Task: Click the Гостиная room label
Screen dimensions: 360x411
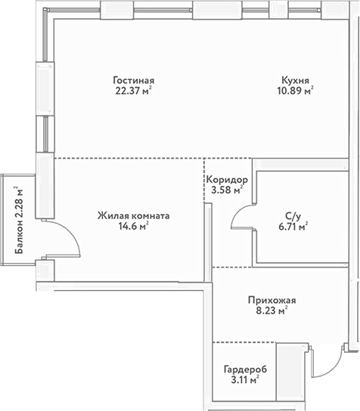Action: tap(134, 80)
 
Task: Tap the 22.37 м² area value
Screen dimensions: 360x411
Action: tap(134, 91)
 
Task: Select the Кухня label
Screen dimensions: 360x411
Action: tap(295, 80)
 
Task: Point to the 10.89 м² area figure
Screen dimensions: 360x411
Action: tap(295, 91)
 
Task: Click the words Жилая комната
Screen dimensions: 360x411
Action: tap(134, 216)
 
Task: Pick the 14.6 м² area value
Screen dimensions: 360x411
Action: tap(134, 226)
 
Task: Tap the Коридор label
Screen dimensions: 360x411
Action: tap(227, 180)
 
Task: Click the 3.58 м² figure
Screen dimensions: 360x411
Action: tap(227, 190)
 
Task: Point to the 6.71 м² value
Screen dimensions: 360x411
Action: tap(293, 227)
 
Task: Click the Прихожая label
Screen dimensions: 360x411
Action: tap(272, 301)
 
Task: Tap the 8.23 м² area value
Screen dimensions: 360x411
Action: tap(272, 311)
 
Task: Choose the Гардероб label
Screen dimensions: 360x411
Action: tap(245, 369)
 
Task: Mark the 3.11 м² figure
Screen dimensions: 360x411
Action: tap(245, 380)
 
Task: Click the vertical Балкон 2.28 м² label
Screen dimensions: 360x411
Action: tap(19, 220)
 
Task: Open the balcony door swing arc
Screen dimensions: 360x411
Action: tap(71, 230)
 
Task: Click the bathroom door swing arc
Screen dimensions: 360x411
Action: tap(237, 212)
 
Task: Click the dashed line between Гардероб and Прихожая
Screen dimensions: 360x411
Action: tap(244, 342)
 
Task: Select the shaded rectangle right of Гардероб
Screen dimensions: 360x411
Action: tap(292, 372)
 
